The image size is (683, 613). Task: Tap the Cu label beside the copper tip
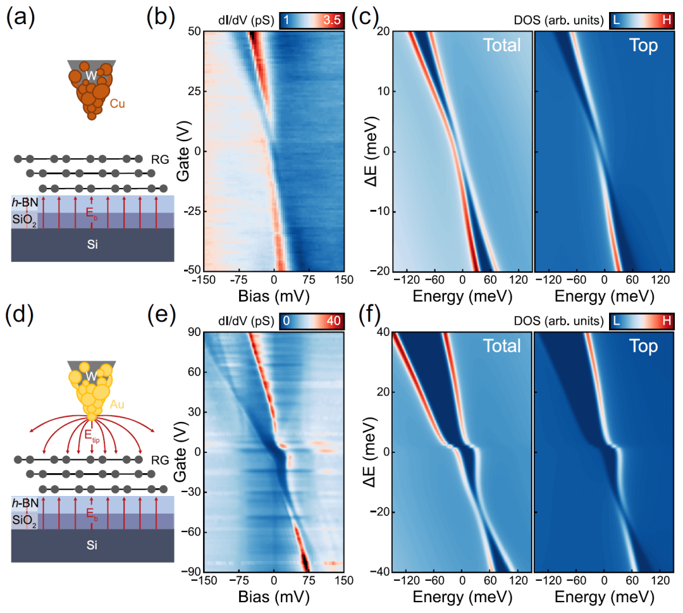117,102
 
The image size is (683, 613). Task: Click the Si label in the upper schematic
92,243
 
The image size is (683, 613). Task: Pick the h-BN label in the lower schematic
24,503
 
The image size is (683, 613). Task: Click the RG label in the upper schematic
159,160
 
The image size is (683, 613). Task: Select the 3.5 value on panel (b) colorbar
331,20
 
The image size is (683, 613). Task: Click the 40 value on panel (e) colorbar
333,321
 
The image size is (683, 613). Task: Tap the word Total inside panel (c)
501,45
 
